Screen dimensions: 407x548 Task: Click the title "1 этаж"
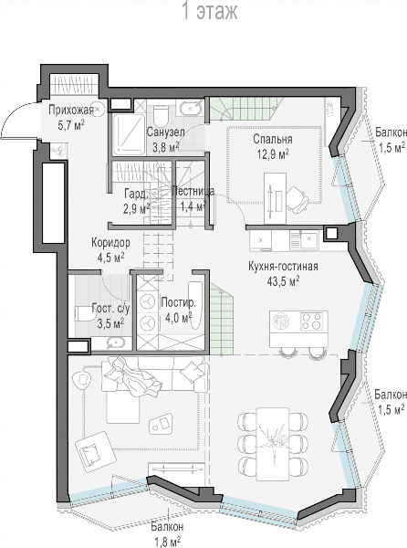[x=210, y=11]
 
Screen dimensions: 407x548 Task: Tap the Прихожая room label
[x=71, y=111]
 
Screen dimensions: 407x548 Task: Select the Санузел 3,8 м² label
[x=165, y=140]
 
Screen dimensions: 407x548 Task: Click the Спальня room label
[x=273, y=139]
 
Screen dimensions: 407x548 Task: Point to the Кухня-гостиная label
[x=283, y=267]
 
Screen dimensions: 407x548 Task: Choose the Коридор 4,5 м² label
[x=110, y=249]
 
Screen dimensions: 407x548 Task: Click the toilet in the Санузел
[x=161, y=116]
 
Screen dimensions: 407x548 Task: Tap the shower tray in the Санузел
[x=129, y=134]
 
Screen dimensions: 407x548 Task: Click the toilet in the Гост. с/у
[x=85, y=313]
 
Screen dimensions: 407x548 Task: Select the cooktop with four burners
[x=311, y=321]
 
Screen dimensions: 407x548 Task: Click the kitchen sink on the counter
[x=308, y=239]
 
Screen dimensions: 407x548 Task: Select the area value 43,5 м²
[x=283, y=281]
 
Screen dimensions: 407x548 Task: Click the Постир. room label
[x=178, y=302]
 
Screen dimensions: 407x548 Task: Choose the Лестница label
[x=193, y=191]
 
